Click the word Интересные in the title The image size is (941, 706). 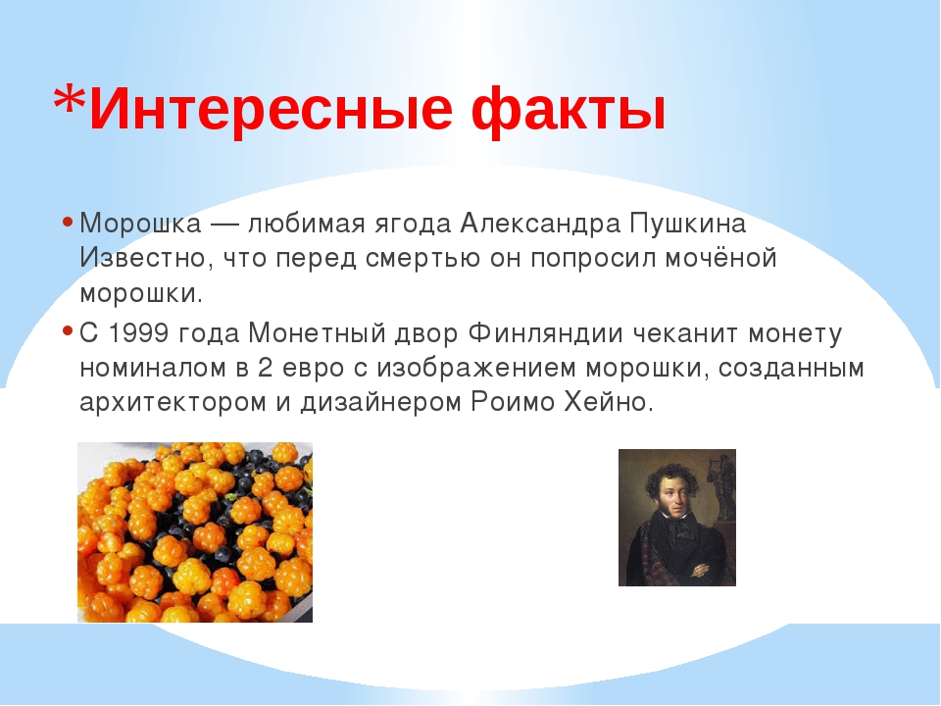pyautogui.click(x=271, y=108)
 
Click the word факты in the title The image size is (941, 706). pyautogui.click(x=569, y=110)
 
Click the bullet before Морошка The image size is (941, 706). pyautogui.click(x=68, y=223)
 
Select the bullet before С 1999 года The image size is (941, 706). pyautogui.click(x=68, y=331)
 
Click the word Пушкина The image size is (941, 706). pyautogui.click(x=688, y=225)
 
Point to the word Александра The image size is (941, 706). pyautogui.click(x=540, y=224)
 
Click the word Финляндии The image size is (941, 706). pyautogui.click(x=546, y=333)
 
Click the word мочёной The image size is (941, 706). pyautogui.click(x=720, y=258)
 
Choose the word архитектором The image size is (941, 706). pyautogui.click(x=173, y=403)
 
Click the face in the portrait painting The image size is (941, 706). pyautogui.click(x=674, y=497)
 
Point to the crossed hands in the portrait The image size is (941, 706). pyautogui.click(x=700, y=568)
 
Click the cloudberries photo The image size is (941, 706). pyautogui.click(x=195, y=531)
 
